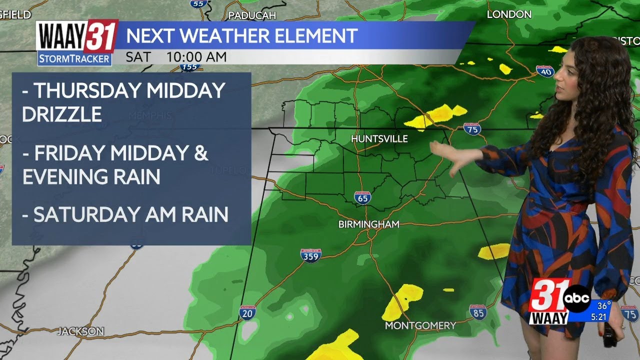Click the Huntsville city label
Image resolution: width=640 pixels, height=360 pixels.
[x=379, y=138]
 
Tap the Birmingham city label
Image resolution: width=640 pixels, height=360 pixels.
[x=369, y=224]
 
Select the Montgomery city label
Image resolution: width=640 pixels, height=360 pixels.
[x=420, y=325]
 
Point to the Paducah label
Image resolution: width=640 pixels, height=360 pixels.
[x=252, y=15]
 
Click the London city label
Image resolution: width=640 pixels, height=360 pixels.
[x=509, y=14]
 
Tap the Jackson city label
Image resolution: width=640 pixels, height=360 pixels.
[x=80, y=331]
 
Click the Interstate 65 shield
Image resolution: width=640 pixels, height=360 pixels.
[x=362, y=197]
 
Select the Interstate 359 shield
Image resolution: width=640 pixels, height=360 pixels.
[x=311, y=255]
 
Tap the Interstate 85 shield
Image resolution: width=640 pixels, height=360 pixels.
[x=478, y=312]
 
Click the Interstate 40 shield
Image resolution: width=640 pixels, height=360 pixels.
[x=545, y=71]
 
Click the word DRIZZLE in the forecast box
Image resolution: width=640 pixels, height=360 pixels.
[x=62, y=114]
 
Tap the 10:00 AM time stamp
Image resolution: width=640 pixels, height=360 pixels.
[x=196, y=57]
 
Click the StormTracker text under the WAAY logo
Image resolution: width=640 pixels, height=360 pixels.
[x=74, y=59]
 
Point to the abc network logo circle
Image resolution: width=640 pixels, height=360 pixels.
[x=577, y=298]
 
